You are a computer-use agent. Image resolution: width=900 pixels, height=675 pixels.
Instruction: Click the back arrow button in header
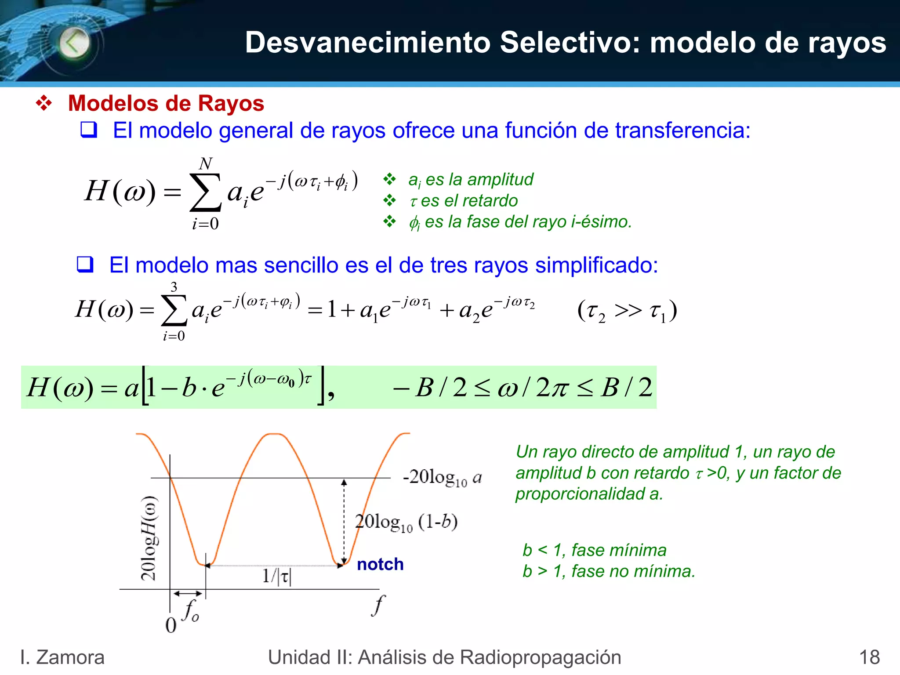tap(74, 43)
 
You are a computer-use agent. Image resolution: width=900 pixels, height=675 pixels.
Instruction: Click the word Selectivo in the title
tap(570, 43)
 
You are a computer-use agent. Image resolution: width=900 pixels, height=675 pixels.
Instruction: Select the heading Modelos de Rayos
tap(166, 104)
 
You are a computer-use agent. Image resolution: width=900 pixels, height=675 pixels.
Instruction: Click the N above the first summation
tap(205, 164)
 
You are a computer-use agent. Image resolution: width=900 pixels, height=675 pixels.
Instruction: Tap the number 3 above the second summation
tap(174, 287)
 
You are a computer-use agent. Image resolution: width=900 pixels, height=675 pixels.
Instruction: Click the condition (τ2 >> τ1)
tap(627, 311)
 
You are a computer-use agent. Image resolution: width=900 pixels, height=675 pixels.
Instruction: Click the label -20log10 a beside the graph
tap(442, 478)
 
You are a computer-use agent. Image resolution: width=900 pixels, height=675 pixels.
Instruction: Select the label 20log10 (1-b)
tap(406, 523)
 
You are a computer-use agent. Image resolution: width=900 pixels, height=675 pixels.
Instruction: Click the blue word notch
tap(380, 564)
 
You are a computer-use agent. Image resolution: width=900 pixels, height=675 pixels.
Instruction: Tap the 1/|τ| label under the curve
tap(276, 576)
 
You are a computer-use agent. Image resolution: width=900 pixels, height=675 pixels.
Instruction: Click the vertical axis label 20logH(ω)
tap(149, 538)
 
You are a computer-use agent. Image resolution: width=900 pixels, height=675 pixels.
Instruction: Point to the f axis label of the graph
tap(377, 606)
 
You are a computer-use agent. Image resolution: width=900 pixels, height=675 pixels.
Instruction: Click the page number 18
tap(869, 657)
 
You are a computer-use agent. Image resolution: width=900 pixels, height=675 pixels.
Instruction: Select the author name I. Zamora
tap(62, 657)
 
